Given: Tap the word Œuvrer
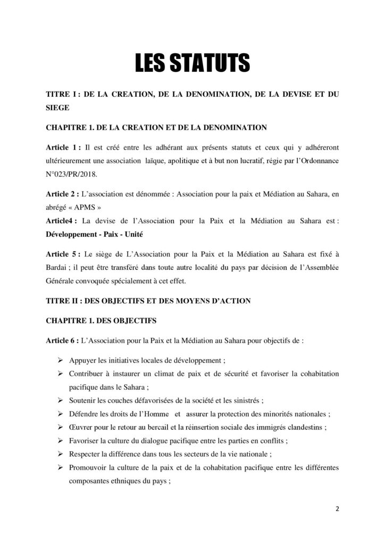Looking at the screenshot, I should (81, 427).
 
